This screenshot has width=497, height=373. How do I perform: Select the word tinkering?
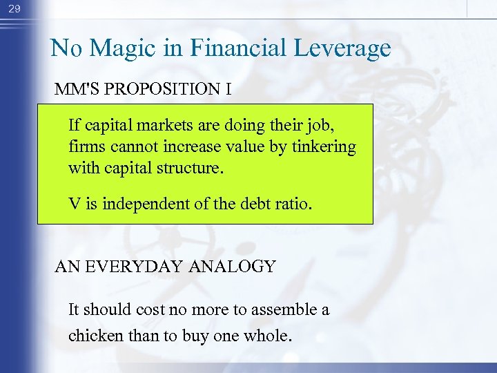[x=323, y=147]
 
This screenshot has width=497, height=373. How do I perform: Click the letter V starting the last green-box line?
[x=73, y=204]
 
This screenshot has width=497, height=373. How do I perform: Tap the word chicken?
[x=92, y=336]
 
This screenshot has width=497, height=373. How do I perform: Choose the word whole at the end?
[x=271, y=336]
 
